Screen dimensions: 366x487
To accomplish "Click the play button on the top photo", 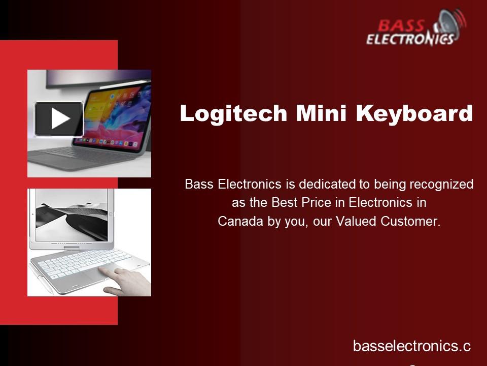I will click(x=59, y=119).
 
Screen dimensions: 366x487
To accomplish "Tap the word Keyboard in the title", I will click(x=414, y=113).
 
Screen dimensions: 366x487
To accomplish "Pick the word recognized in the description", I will click(x=441, y=184).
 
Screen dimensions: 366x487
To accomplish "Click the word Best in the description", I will click(x=284, y=203).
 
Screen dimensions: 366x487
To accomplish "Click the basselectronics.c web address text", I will click(x=411, y=347).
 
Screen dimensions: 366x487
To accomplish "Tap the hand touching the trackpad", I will click(x=127, y=281).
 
